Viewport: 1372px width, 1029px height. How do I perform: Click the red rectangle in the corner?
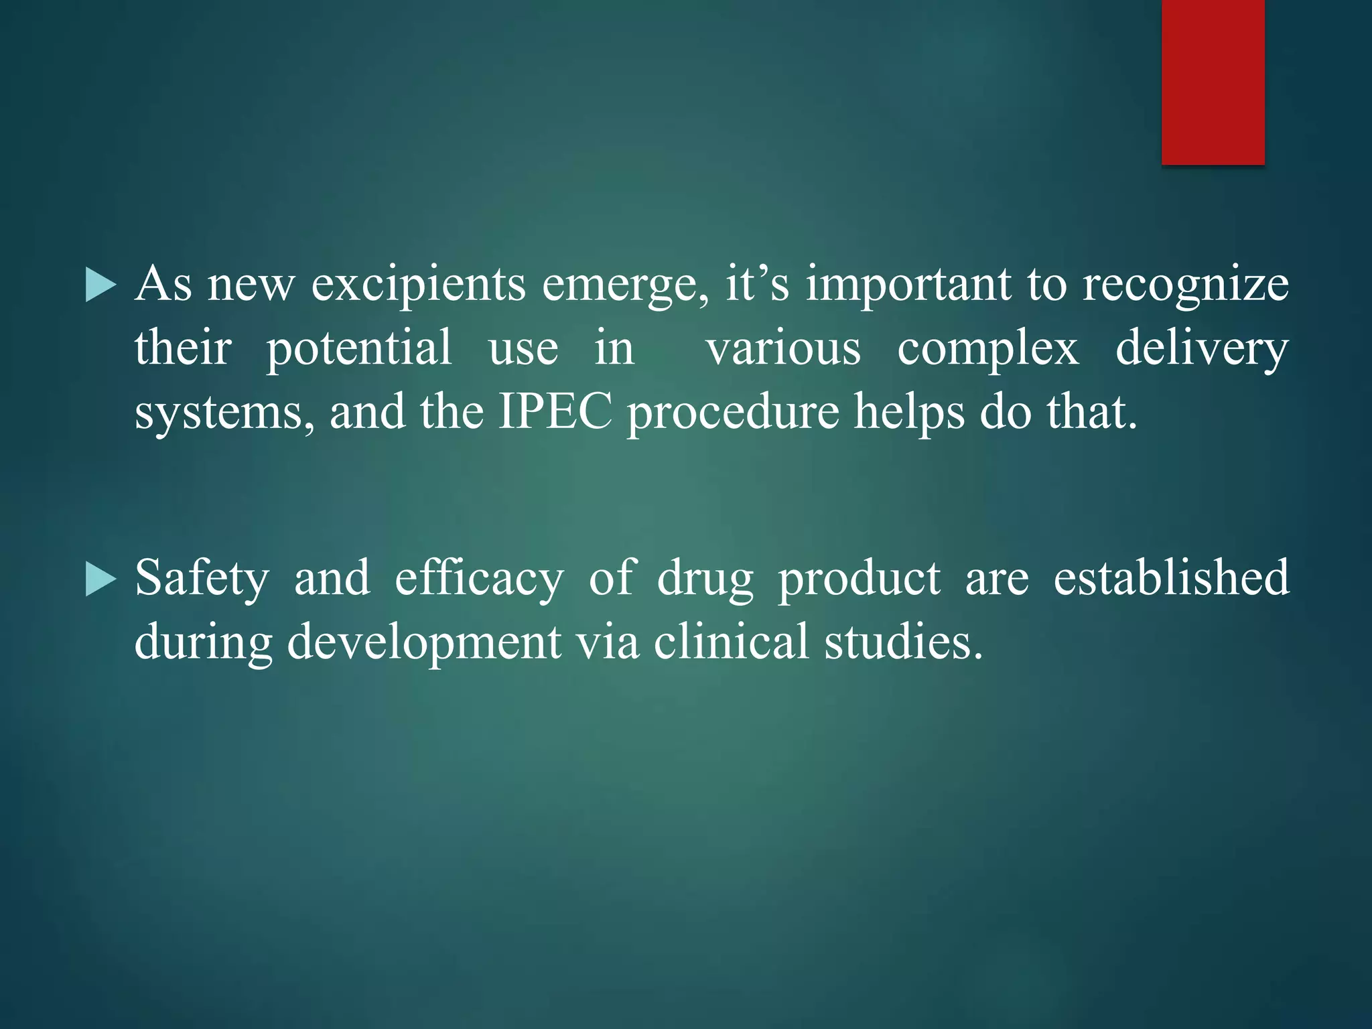tap(1213, 82)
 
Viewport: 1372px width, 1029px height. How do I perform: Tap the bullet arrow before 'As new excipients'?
tap(100, 286)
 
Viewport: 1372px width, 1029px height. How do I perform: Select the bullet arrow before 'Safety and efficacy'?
tap(100, 579)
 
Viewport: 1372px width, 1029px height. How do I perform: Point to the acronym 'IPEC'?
tap(555, 411)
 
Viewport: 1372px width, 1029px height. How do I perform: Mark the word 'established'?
tap(1171, 577)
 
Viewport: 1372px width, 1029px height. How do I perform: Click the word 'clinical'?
tap(731, 642)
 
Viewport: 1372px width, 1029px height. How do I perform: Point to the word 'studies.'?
tap(904, 642)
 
